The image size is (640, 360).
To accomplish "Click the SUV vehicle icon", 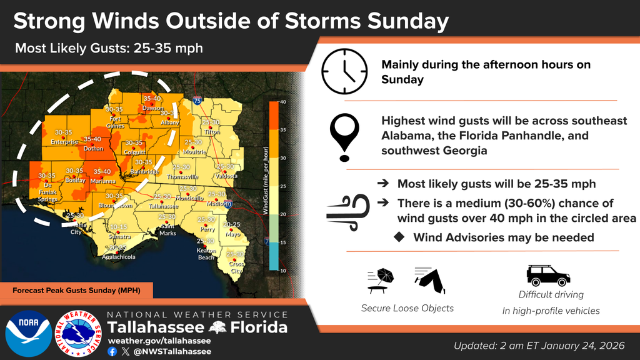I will [x=548, y=275].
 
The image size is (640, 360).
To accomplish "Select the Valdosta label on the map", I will [x=227, y=176].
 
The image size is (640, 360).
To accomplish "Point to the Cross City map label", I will [x=236, y=267].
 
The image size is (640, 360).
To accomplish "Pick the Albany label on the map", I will [x=169, y=123].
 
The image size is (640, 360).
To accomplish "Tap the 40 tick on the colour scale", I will [x=282, y=102].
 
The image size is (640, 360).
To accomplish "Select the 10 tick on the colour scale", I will [x=282, y=270].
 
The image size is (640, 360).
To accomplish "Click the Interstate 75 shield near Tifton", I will [x=197, y=100].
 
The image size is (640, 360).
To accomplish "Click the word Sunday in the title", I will [x=409, y=21].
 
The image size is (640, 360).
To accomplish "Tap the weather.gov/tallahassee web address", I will [x=159, y=341].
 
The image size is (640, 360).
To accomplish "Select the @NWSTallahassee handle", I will [x=172, y=351].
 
